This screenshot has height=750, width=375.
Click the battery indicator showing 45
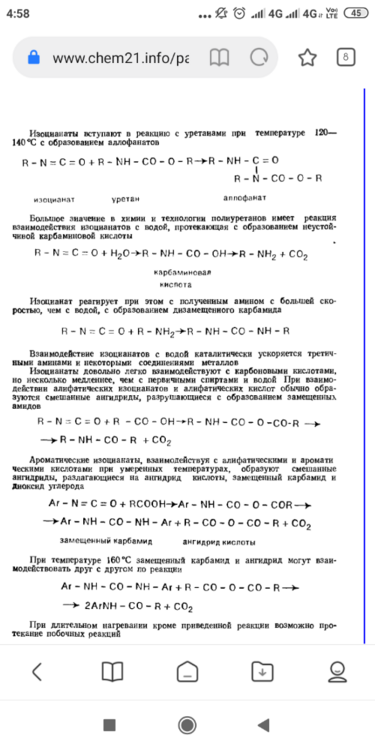click(x=356, y=13)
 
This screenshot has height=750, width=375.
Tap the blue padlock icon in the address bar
click(x=33, y=58)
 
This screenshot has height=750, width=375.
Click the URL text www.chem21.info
click(x=120, y=58)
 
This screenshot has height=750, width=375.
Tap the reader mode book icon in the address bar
click(x=219, y=58)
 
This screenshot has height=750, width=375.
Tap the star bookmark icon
click(x=307, y=57)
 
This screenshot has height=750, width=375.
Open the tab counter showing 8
click(x=345, y=57)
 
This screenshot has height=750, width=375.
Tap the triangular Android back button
click(x=262, y=723)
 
